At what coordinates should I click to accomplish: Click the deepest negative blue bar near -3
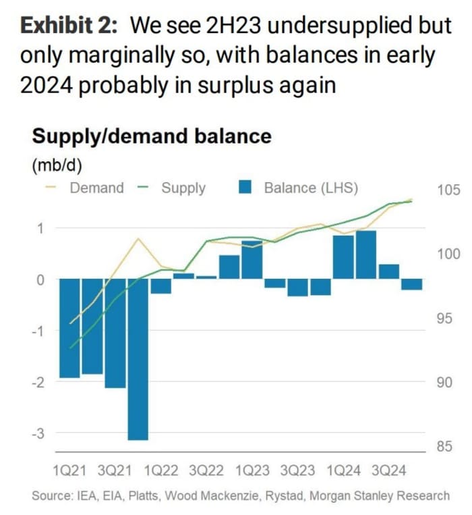pos(138,358)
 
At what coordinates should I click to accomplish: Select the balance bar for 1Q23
pos(252,259)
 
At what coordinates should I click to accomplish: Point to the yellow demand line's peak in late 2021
pos(138,239)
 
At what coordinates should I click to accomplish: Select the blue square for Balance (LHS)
pos(246,188)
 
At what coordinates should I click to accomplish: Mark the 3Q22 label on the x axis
pos(206,469)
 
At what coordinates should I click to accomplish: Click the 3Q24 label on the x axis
pos(390,469)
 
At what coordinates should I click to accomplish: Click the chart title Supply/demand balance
pos(152,136)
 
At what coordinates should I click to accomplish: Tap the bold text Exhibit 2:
pos(69,26)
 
